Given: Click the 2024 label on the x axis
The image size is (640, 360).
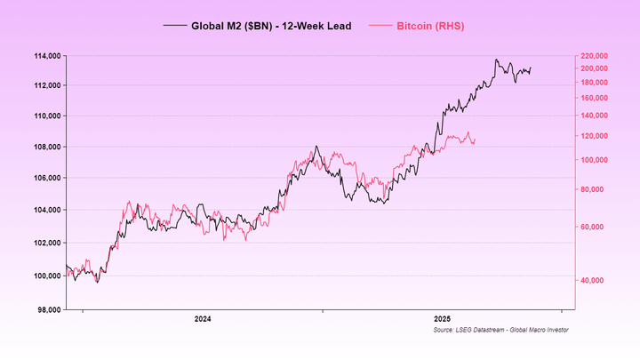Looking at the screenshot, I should (x=203, y=318).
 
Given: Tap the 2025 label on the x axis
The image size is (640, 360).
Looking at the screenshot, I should (x=442, y=318).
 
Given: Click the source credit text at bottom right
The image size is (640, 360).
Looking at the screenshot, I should (x=500, y=330).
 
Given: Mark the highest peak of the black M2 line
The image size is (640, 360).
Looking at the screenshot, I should (x=496, y=60).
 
